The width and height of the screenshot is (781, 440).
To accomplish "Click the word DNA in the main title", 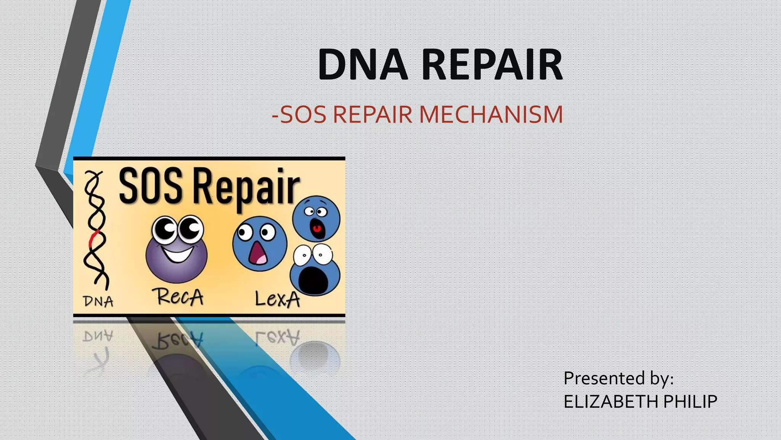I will [x=363, y=65].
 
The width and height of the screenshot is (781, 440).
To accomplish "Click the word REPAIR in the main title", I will [x=492, y=65].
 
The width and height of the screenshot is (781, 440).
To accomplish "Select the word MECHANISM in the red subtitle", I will [x=491, y=114].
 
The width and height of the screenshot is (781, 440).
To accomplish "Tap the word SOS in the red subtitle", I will [x=303, y=114].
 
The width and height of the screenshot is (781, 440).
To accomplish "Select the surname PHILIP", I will [x=690, y=402].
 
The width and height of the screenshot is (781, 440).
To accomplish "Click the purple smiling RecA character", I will [x=177, y=250].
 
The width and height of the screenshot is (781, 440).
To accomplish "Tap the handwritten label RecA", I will [x=178, y=297].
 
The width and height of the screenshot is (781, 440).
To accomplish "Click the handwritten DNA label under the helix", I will [x=98, y=301].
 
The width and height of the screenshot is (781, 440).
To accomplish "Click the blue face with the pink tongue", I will [x=260, y=244].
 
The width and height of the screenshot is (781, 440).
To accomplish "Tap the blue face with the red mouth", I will [x=316, y=218].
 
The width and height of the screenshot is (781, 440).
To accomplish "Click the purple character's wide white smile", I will [x=177, y=254].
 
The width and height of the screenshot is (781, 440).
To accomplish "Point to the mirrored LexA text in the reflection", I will [x=277, y=338].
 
